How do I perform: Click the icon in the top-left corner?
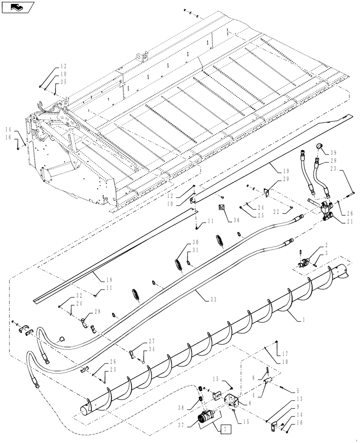(18, 7)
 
